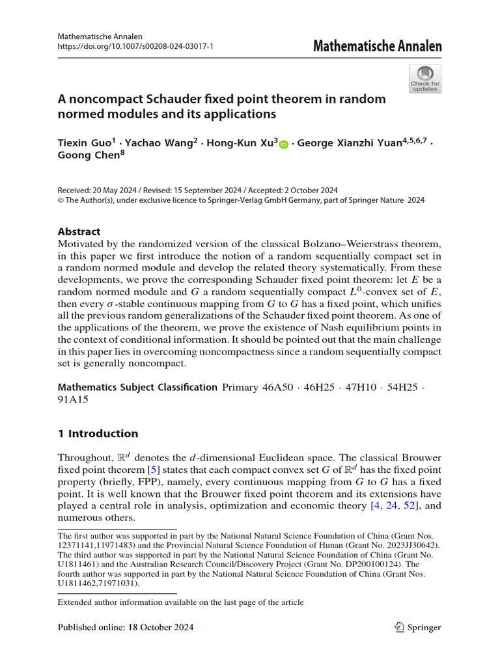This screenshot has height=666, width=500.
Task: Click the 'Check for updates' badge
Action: coord(425,79)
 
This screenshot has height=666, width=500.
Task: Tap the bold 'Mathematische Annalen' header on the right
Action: coord(377,46)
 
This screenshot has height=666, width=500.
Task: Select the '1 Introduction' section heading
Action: coord(98,434)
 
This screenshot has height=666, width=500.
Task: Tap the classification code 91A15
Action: coord(74,401)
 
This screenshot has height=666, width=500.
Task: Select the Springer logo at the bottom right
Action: coord(418,628)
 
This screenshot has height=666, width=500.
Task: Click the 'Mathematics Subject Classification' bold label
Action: coord(137,388)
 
